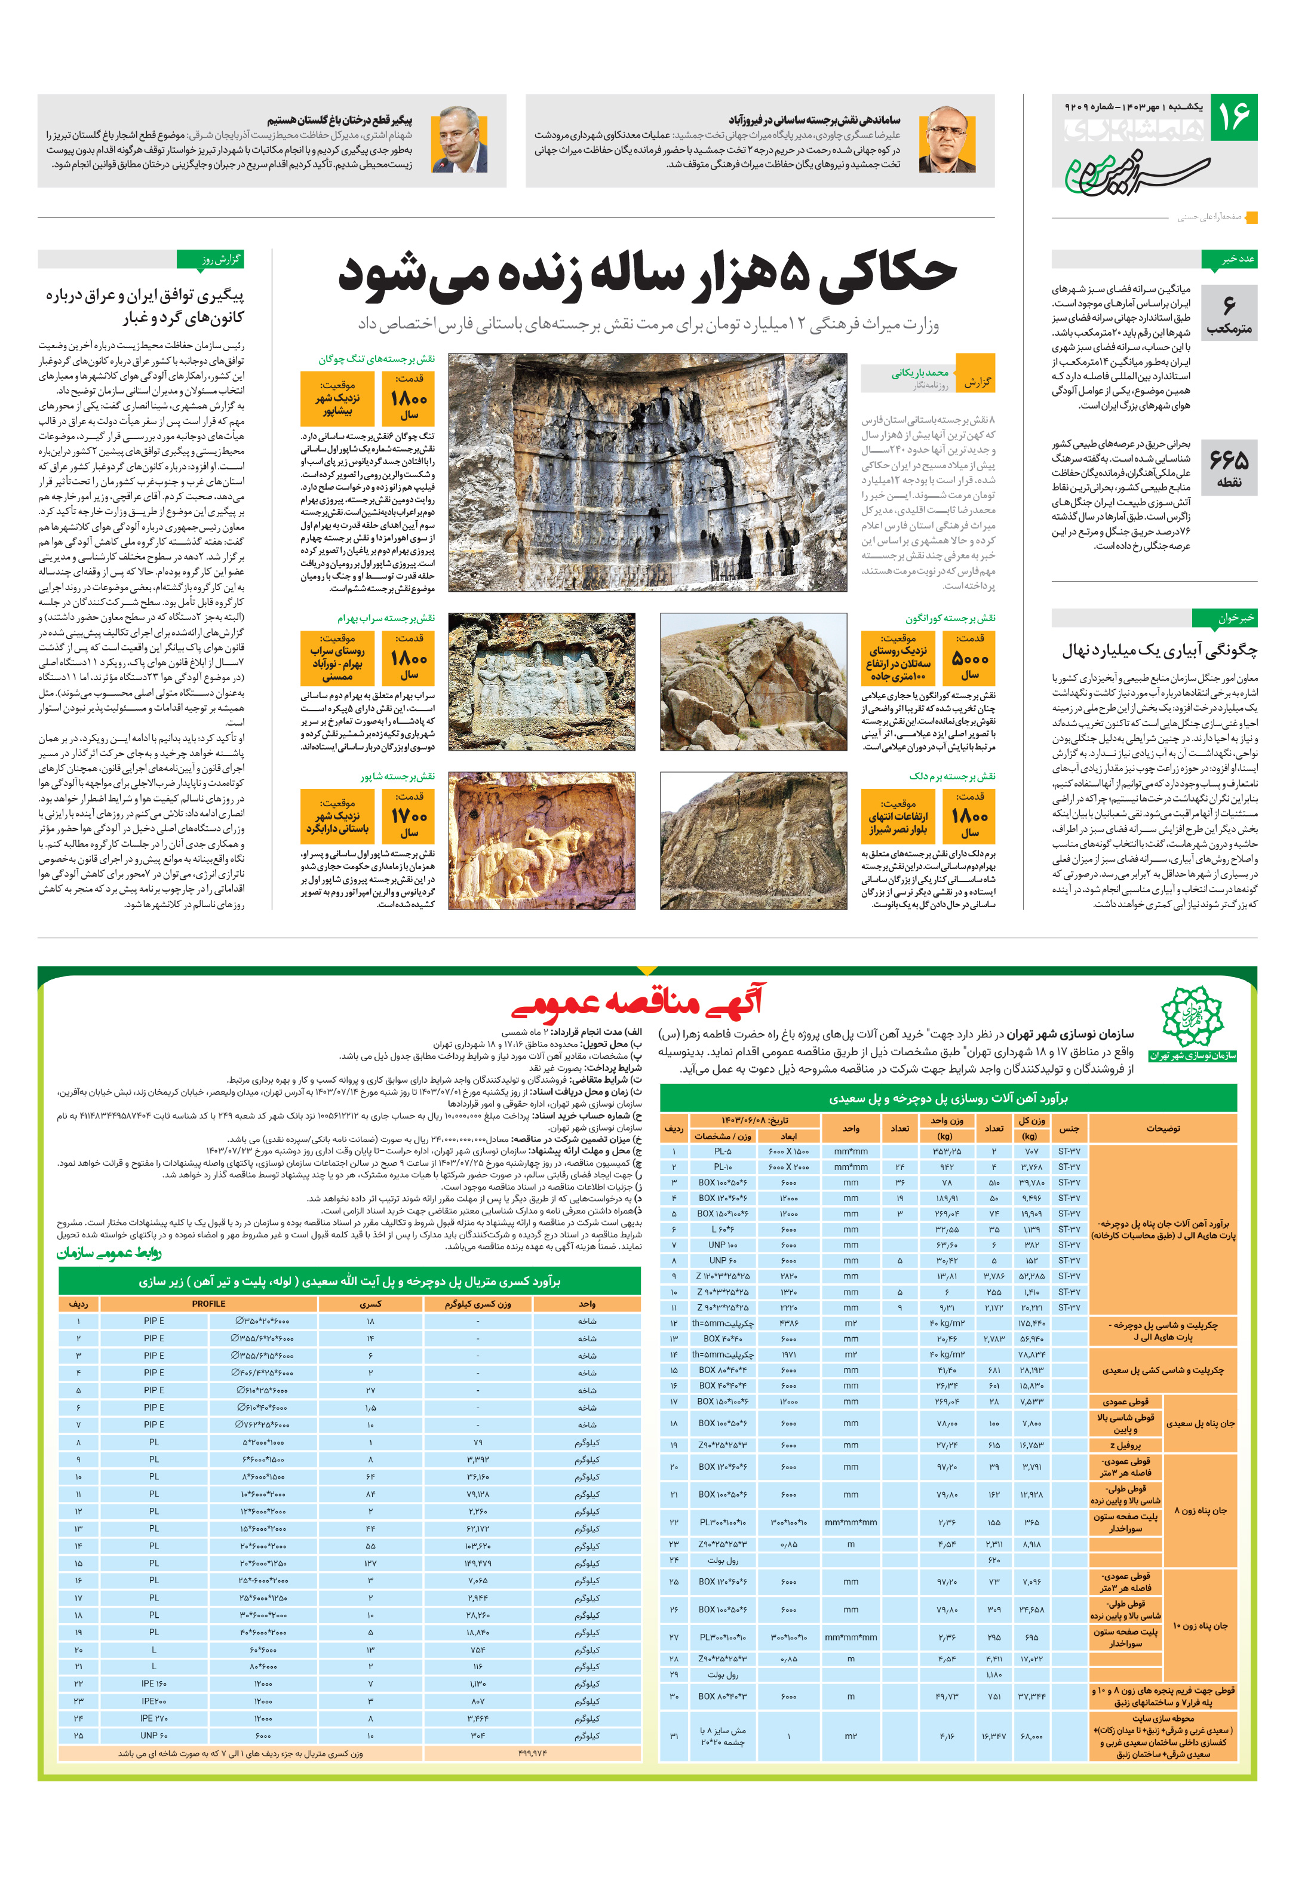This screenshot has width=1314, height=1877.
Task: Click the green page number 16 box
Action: click(1232, 117)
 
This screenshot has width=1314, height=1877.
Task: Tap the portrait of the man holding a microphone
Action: click(459, 140)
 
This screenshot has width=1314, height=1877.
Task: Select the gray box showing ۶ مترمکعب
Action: click(1229, 312)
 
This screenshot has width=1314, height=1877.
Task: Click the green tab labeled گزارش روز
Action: click(210, 259)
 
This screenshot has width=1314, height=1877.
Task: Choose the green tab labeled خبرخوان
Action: click(1224, 618)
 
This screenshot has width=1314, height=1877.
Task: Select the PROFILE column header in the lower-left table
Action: click(208, 1304)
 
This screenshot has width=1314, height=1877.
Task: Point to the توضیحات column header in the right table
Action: click(1163, 1128)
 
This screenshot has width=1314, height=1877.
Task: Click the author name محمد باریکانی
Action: click(920, 373)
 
